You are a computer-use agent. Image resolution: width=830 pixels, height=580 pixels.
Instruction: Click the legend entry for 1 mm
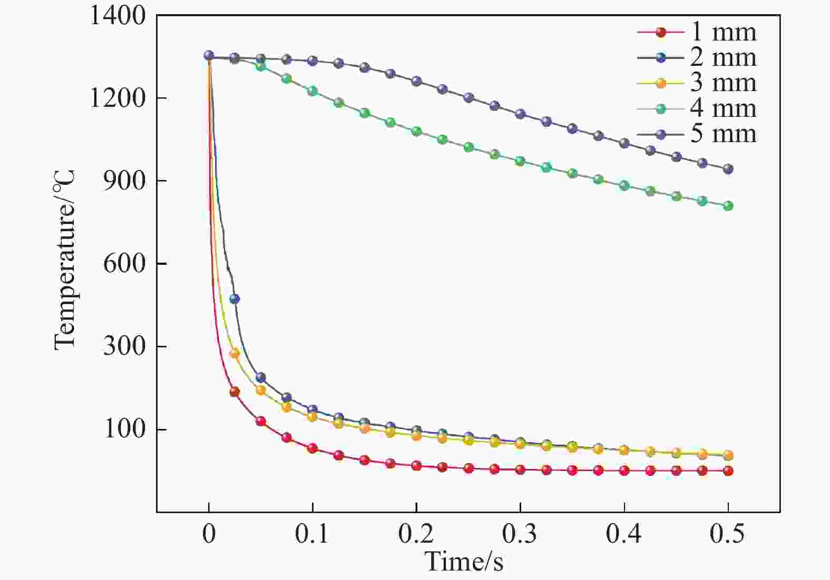tap(697, 32)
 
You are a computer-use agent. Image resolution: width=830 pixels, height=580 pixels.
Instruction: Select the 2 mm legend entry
tap(697, 57)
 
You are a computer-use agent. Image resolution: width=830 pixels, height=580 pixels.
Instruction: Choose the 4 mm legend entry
tap(697, 108)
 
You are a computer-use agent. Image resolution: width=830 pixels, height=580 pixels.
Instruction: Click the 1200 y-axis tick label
tap(117, 98)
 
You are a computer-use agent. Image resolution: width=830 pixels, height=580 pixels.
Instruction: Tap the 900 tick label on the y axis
tap(124, 182)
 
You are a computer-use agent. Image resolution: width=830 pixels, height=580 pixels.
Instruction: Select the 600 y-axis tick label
tap(124, 264)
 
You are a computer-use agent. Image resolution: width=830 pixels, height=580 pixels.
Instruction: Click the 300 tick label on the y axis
tap(124, 347)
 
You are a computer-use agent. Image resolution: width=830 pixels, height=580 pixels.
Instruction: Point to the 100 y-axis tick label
tap(124, 429)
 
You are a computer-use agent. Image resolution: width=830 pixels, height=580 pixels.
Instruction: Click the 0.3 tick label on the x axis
tap(520, 533)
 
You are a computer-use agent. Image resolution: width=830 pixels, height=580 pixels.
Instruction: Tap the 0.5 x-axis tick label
tap(727, 533)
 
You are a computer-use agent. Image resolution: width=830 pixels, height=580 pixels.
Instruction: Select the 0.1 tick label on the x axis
tap(312, 533)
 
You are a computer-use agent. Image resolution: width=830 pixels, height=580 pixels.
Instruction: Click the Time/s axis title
tap(464, 561)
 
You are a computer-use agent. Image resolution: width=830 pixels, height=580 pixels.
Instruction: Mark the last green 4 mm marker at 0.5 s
tap(728, 206)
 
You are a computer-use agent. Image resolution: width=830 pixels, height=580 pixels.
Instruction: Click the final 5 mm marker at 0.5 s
tap(728, 169)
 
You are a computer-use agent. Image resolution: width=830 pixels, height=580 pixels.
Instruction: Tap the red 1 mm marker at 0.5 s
tap(728, 471)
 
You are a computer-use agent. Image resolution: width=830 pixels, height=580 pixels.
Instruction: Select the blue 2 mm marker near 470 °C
tap(235, 299)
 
